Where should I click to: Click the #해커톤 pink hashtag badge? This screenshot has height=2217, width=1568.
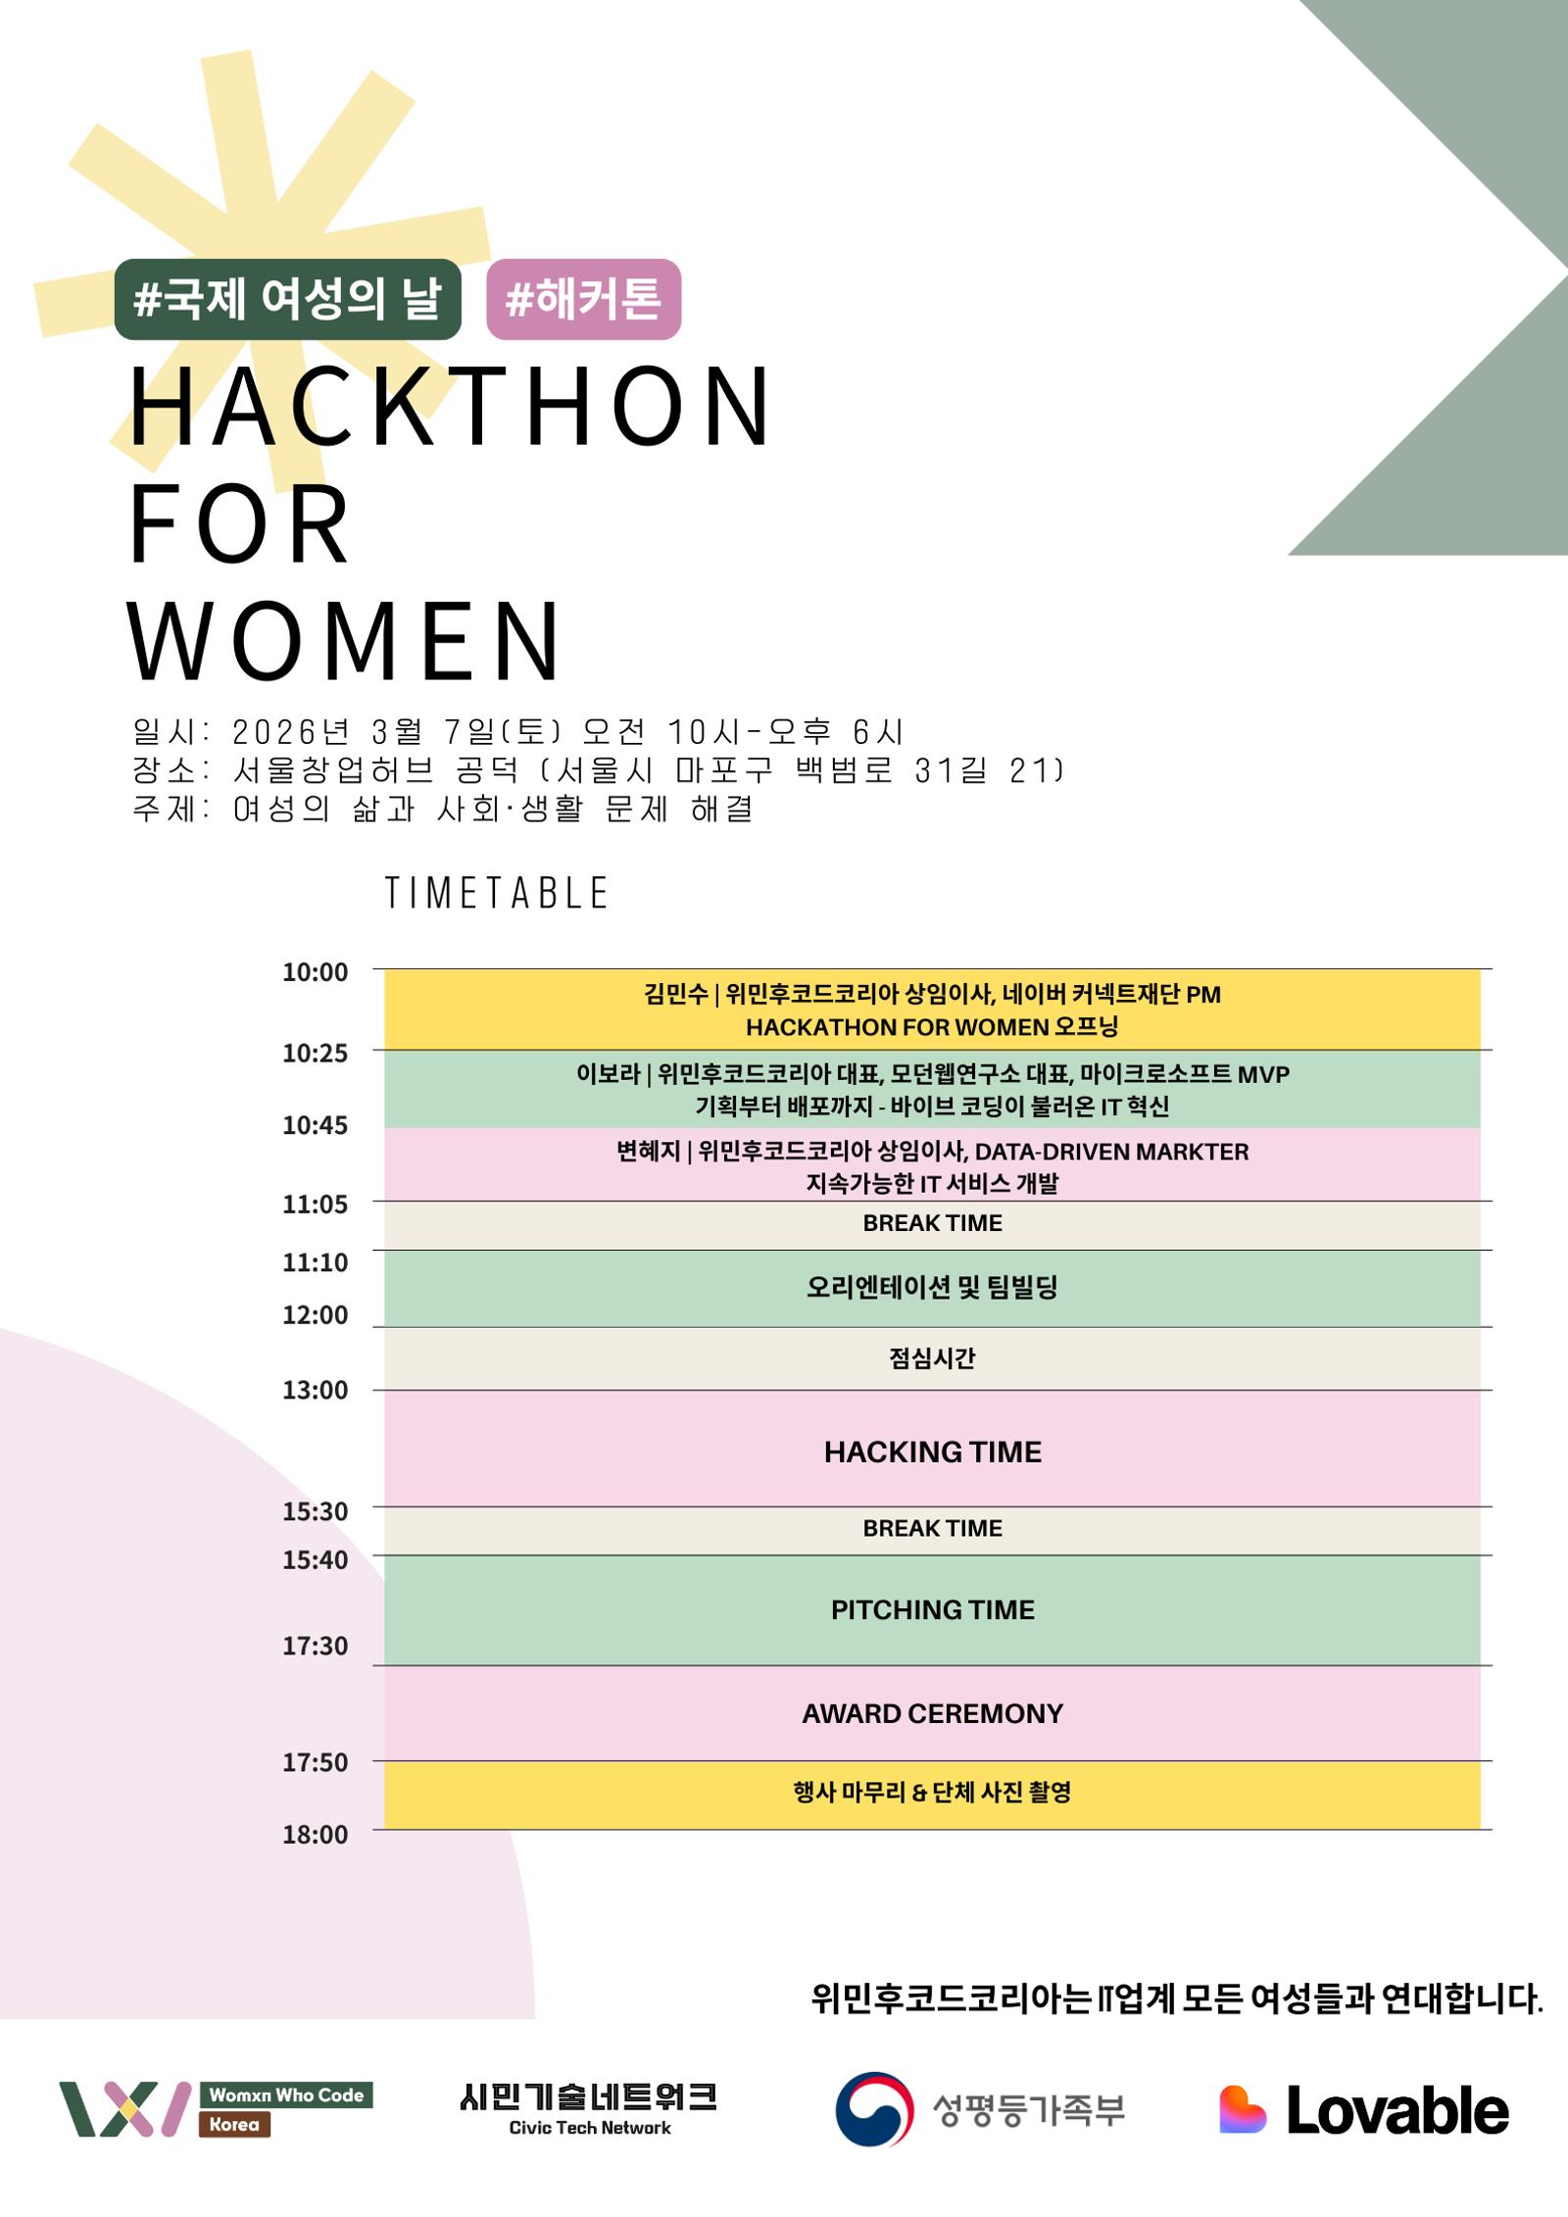[583, 299]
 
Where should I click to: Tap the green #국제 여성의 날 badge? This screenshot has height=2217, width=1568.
[287, 299]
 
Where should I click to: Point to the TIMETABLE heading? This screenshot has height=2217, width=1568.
[497, 893]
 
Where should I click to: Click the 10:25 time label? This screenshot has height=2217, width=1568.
[315, 1053]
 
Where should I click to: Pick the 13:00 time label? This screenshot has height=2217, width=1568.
[315, 1390]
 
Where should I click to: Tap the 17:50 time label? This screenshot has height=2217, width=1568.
[315, 1762]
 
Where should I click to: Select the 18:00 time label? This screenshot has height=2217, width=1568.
[315, 1835]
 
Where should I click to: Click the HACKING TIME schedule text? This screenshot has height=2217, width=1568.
[933, 1452]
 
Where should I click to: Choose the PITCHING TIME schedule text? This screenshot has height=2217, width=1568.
[933, 1609]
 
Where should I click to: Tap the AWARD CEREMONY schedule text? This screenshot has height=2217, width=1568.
[933, 1713]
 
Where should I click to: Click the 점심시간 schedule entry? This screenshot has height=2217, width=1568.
[932, 1357]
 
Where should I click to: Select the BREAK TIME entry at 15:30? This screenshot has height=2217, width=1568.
[933, 1528]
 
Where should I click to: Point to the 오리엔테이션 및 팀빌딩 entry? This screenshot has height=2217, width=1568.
[932, 1287]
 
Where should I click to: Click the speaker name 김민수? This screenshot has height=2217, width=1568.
[676, 995]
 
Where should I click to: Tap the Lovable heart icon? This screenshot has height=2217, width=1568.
[1242, 2109]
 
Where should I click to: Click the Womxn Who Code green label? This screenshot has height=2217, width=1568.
[286, 2095]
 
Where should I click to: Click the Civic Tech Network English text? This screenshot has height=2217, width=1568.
[590, 2128]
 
